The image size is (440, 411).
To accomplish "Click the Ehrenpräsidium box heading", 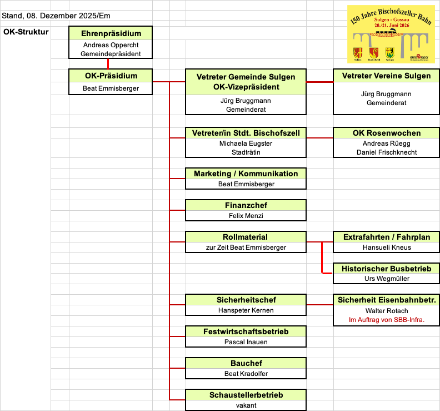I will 111,33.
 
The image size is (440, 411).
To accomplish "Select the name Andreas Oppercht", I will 111,44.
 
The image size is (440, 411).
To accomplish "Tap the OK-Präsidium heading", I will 111,76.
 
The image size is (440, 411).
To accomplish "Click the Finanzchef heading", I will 246,205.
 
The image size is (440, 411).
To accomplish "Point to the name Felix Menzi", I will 246,216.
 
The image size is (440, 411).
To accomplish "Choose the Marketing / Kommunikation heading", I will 246,174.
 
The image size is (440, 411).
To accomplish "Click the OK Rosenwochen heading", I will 387,133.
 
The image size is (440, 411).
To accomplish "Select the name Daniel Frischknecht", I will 387,152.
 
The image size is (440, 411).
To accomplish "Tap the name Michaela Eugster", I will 246,143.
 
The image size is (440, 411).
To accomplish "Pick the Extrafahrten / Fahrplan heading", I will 387,237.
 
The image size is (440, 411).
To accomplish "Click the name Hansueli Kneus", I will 387,247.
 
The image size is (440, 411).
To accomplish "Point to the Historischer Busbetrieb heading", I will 387,269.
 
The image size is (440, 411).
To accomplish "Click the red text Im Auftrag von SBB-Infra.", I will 387,320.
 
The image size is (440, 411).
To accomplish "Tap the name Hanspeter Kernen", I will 246,310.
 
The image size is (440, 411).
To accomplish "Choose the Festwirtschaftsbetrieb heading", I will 246,331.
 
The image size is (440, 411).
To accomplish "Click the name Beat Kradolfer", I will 246,374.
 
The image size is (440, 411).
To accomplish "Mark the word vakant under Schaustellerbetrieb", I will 246,405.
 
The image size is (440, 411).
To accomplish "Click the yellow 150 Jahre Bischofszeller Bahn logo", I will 391,34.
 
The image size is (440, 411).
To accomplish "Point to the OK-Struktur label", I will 26,32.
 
